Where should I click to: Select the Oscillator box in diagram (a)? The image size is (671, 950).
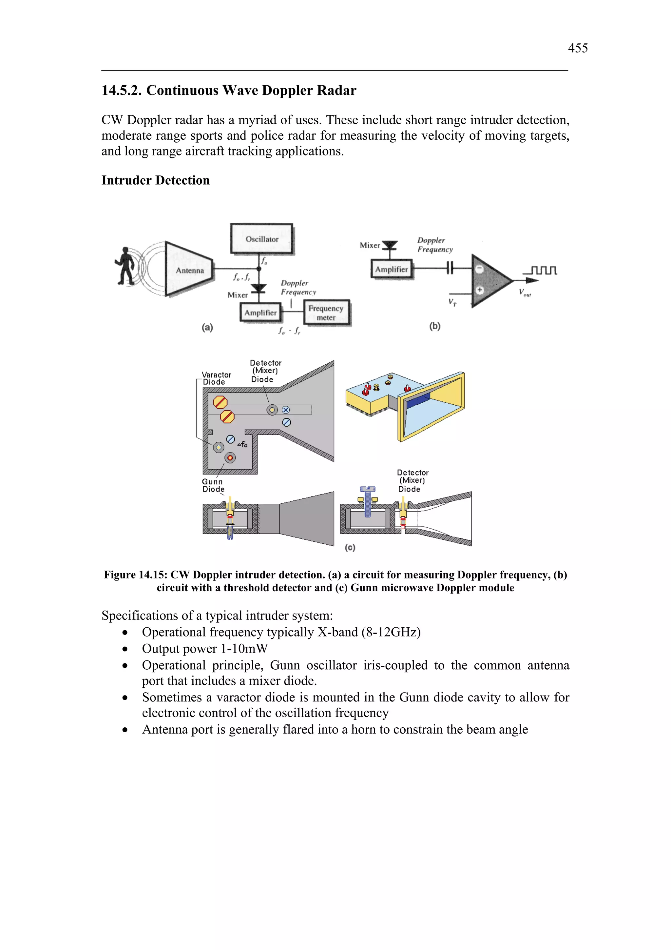[262, 239]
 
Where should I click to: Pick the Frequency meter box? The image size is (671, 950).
[326, 313]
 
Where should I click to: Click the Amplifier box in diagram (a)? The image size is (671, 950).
[260, 313]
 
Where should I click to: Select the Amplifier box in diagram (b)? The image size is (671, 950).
[391, 269]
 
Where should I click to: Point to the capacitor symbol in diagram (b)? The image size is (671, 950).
[450, 269]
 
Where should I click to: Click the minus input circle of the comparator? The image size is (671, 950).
[479, 269]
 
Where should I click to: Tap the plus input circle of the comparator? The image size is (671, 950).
[480, 290]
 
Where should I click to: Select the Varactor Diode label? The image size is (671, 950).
[216, 378]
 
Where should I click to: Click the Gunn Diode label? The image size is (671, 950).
[213, 485]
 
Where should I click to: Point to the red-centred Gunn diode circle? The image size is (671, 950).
[230, 458]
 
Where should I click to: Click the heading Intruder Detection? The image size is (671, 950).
[155, 180]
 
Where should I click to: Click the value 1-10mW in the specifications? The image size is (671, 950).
[244, 649]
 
